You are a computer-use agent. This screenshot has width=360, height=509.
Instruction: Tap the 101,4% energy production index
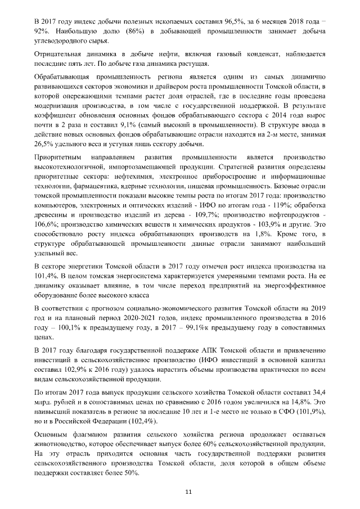point(46,276)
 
